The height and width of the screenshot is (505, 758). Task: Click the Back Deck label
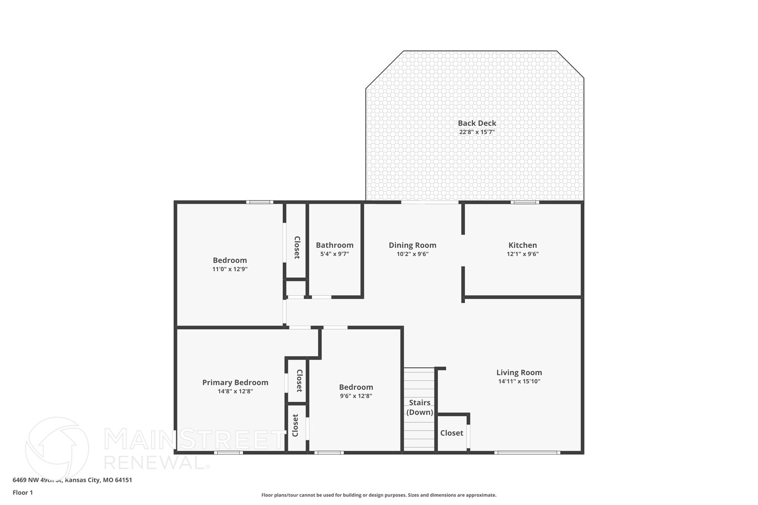click(x=477, y=123)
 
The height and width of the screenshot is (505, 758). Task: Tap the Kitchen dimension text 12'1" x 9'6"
click(x=522, y=254)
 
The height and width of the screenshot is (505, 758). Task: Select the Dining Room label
click(x=412, y=245)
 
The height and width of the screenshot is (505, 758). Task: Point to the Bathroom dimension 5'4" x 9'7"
click(x=334, y=254)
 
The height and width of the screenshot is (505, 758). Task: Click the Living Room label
click(x=519, y=373)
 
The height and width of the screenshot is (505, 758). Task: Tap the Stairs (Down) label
click(x=419, y=407)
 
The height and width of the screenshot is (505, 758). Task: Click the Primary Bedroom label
click(x=235, y=383)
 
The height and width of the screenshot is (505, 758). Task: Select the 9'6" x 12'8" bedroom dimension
click(x=356, y=396)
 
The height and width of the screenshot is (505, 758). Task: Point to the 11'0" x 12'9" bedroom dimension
click(x=229, y=269)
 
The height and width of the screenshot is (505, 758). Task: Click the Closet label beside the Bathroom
click(x=296, y=248)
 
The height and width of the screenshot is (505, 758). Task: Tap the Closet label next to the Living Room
click(x=452, y=433)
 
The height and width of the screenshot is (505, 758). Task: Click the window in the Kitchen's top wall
click(x=524, y=202)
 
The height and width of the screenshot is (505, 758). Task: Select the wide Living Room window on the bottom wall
click(x=527, y=452)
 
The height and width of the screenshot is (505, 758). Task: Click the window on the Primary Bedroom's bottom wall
click(x=228, y=452)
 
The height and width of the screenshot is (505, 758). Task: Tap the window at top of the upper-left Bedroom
click(x=259, y=202)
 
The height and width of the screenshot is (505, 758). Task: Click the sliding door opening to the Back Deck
click(x=430, y=202)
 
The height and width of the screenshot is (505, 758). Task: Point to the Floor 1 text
click(x=23, y=493)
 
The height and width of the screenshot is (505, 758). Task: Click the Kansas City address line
click(x=72, y=480)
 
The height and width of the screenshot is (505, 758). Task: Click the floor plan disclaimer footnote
click(x=379, y=495)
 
